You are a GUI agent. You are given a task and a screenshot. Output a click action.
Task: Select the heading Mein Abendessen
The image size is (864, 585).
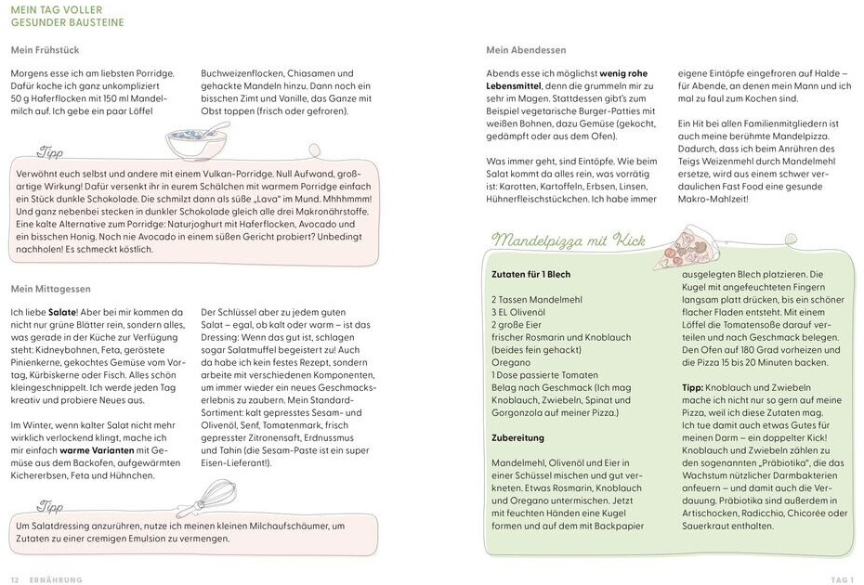tap(526, 50)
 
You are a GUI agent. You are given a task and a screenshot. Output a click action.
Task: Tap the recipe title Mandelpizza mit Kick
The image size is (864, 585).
tap(569, 241)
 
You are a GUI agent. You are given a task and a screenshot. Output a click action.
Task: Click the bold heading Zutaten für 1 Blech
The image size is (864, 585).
tap(530, 275)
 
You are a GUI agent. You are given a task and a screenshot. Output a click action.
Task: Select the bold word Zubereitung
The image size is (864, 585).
tap(518, 437)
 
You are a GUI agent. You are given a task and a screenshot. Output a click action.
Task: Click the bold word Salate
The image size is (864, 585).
tap(61, 312)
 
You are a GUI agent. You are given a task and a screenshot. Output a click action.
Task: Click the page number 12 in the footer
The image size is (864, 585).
tap(15, 579)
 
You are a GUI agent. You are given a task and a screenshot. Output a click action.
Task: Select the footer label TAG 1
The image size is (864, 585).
tap(842, 579)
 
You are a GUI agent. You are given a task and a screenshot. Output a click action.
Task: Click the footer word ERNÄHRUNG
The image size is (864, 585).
tap(55, 579)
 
